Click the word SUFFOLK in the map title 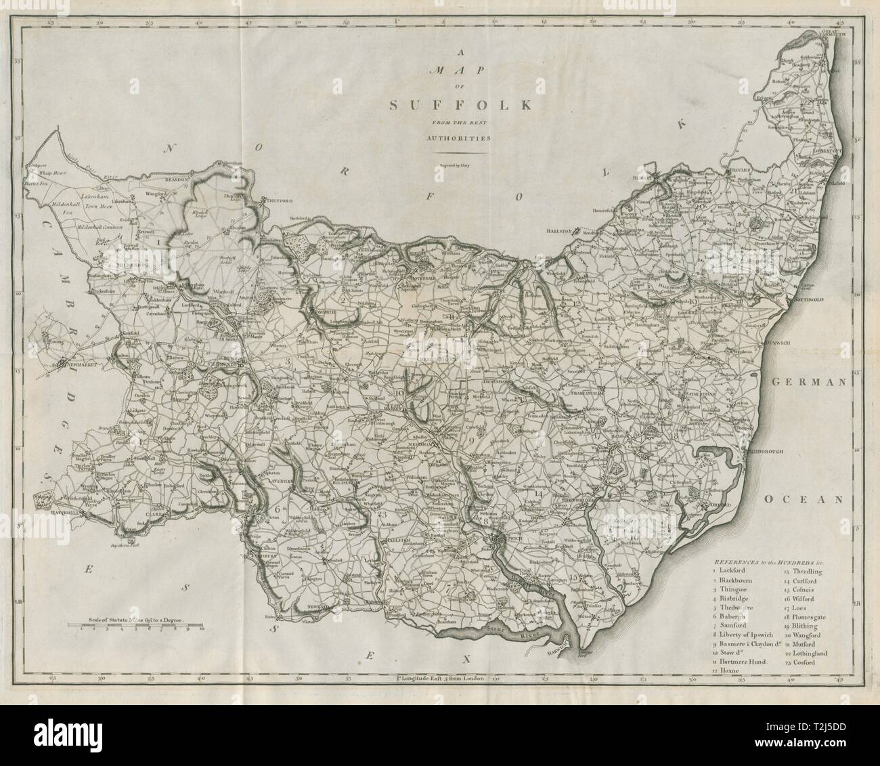460,105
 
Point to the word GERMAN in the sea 806,382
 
